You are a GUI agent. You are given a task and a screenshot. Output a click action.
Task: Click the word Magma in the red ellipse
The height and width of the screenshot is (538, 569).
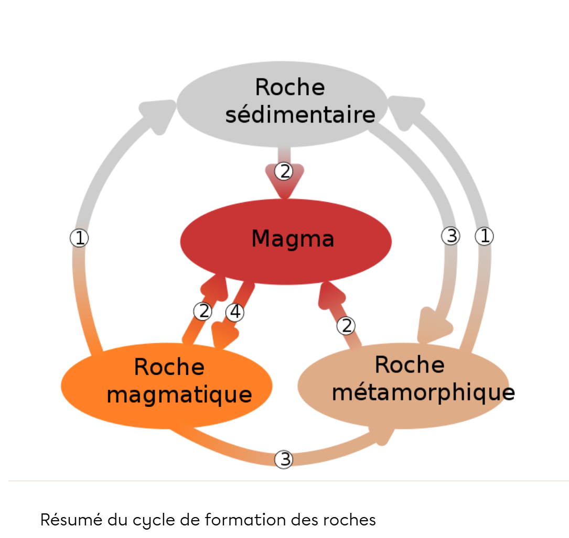292,239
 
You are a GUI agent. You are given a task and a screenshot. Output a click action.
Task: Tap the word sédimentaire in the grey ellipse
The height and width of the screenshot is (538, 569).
300,115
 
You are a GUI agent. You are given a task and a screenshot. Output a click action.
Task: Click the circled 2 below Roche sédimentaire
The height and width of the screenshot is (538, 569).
284,171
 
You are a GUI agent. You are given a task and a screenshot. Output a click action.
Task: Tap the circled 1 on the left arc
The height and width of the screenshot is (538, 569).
79,238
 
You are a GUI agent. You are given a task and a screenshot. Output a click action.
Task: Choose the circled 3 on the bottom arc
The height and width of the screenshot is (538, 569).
284,459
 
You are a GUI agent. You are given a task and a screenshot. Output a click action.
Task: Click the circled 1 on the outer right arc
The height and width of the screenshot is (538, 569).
484,236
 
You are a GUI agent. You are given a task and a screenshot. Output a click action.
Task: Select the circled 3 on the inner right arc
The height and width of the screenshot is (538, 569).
450,236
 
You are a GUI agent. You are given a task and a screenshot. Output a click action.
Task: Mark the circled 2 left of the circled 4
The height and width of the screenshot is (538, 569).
202,311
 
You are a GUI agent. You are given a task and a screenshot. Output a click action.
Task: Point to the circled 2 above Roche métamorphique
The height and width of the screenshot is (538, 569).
346,326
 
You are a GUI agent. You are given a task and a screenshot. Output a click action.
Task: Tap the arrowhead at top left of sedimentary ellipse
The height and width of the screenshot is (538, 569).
157,109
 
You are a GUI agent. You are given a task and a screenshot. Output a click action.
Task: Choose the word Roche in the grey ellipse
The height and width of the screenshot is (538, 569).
289,87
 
